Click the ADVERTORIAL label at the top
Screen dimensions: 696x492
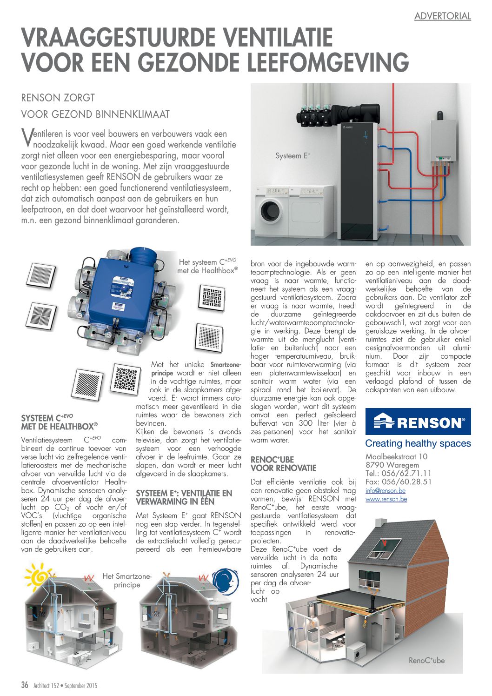pos(442,16)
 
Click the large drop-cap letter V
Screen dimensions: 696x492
pos(27,136)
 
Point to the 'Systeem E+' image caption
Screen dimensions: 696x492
pos(293,156)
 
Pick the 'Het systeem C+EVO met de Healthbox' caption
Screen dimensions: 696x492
pos(207,266)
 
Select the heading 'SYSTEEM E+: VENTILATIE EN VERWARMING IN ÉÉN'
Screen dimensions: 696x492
pos(184,497)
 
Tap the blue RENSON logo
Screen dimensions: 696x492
pos(418,422)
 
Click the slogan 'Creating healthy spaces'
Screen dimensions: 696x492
pos(418,443)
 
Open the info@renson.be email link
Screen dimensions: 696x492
pos(385,490)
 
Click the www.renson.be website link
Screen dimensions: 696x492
pos(386,499)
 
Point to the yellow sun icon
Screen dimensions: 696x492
pos(40,576)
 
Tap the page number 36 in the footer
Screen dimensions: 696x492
pos(25,685)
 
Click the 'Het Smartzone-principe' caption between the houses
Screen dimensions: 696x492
pos(127,581)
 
